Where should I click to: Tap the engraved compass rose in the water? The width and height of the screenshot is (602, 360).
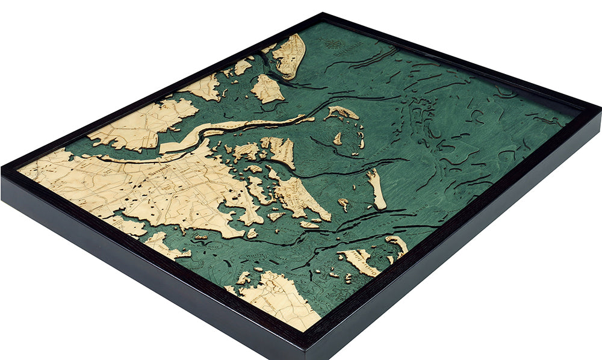pos(330,43)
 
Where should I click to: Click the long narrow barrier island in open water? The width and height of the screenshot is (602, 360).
pos(377,189)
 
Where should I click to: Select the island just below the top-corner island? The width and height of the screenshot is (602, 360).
pos(267,89)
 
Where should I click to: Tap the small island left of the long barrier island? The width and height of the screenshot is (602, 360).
pos(343,203)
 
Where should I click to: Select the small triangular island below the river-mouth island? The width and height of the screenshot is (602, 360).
pos(338,139)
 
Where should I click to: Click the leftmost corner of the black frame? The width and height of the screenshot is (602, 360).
pos(2,171)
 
